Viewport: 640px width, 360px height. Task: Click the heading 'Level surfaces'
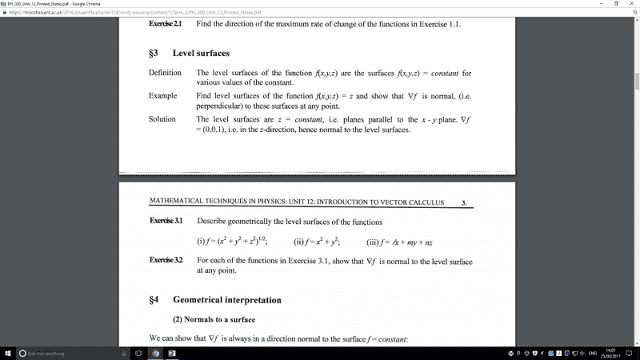201,53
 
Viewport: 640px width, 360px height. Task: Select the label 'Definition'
165,74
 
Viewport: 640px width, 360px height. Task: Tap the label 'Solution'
162,118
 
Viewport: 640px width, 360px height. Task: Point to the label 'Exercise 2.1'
166,24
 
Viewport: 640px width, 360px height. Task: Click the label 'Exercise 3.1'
166,221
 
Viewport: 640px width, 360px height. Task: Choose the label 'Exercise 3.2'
166,261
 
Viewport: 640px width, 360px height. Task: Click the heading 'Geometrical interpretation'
226,300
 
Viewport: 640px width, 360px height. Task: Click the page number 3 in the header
464,203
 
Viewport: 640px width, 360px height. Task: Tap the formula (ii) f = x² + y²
318,241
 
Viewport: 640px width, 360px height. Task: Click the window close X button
630,4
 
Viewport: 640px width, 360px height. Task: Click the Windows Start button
7,353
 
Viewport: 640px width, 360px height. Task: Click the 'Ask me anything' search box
64,353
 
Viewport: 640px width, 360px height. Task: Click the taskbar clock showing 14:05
610,353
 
